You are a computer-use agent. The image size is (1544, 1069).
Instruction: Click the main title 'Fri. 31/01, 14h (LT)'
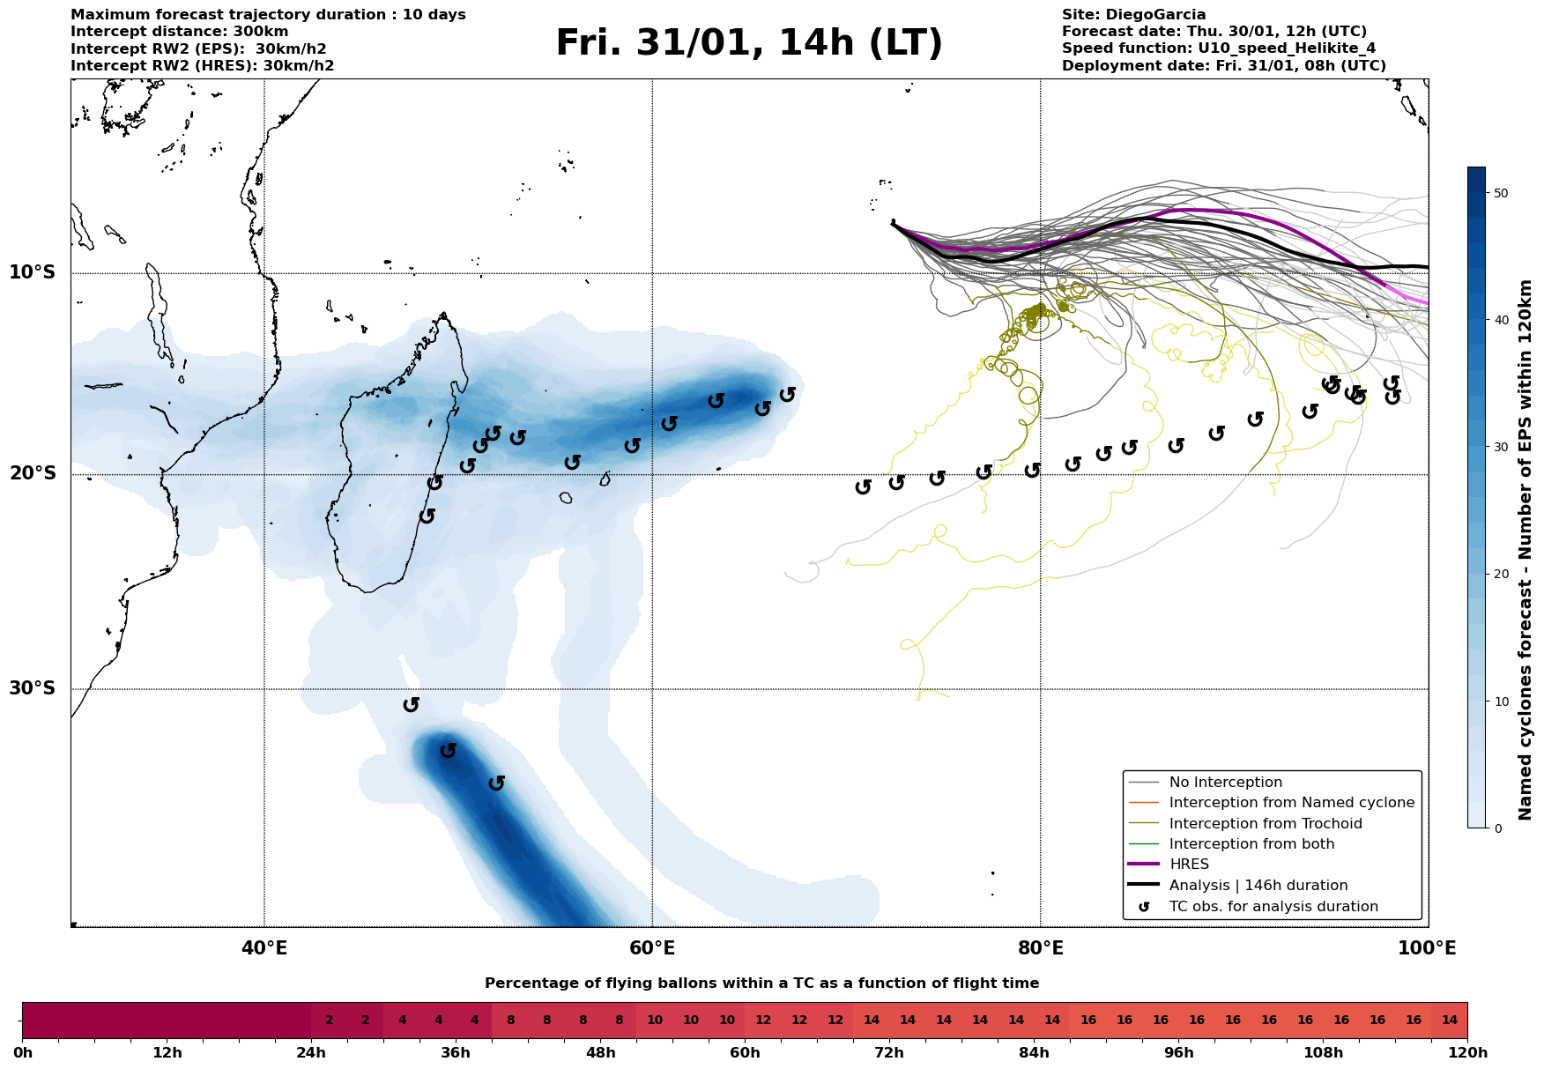[749, 43]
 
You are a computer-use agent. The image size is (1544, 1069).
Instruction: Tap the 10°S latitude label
[33, 272]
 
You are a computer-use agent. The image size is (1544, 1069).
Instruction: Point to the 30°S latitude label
[33, 688]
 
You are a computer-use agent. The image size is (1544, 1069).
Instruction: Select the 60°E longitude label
[652, 948]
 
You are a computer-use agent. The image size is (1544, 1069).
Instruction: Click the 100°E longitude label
[1428, 948]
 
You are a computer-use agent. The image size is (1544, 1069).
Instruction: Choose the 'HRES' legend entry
[1189, 865]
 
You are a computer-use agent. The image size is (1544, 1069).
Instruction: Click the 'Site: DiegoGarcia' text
[1134, 15]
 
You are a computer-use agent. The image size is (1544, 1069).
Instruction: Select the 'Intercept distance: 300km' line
[180, 32]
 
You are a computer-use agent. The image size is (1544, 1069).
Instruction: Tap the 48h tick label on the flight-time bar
[600, 1053]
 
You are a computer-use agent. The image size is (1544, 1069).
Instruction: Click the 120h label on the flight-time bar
[1467, 1053]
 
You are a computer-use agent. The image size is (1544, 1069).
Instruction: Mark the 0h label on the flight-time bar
[22, 1053]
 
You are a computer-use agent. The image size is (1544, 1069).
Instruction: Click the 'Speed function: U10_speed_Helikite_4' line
[1219, 48]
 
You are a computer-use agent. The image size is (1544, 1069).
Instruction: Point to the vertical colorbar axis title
[1526, 550]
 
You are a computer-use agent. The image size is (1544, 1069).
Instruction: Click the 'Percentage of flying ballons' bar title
[762, 984]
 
